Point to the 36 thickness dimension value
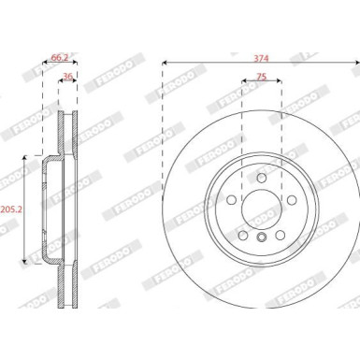pyautogui.click(x=67, y=76)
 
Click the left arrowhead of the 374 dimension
pyautogui.click(x=165, y=64)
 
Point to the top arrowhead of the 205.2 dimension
pyautogui.click(x=25, y=160)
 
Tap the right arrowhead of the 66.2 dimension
pyautogui.click(x=78, y=64)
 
